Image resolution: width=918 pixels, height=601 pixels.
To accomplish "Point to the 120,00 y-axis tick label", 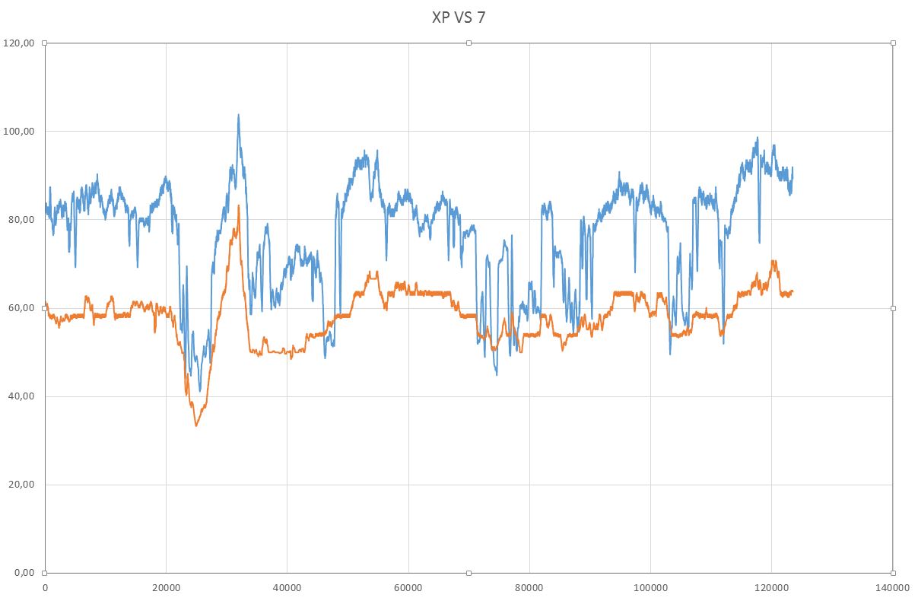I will [x=19, y=43].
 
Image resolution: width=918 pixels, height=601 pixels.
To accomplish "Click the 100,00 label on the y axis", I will [x=19, y=132].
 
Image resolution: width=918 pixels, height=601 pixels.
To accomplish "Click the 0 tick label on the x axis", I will [x=45, y=588].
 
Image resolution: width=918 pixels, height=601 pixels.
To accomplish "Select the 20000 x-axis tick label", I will [x=166, y=588].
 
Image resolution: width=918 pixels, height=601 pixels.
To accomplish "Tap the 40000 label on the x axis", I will [x=287, y=588].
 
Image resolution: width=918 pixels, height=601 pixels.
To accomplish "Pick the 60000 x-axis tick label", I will [x=408, y=588].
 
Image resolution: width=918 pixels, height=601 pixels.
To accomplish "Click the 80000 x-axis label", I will [x=529, y=588].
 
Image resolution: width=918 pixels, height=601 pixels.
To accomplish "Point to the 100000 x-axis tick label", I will [x=650, y=588].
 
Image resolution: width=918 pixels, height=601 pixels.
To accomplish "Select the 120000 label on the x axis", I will [x=771, y=588].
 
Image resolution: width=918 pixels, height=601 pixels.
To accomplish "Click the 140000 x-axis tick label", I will [x=892, y=588].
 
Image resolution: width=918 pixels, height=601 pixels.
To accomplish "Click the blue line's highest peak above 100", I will [x=238, y=115].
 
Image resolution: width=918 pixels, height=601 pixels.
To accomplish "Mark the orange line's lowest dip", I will [x=195, y=425].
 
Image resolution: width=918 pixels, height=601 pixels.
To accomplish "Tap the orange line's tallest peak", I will [x=238, y=205].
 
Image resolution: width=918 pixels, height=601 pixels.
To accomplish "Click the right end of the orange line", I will [x=793, y=291].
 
